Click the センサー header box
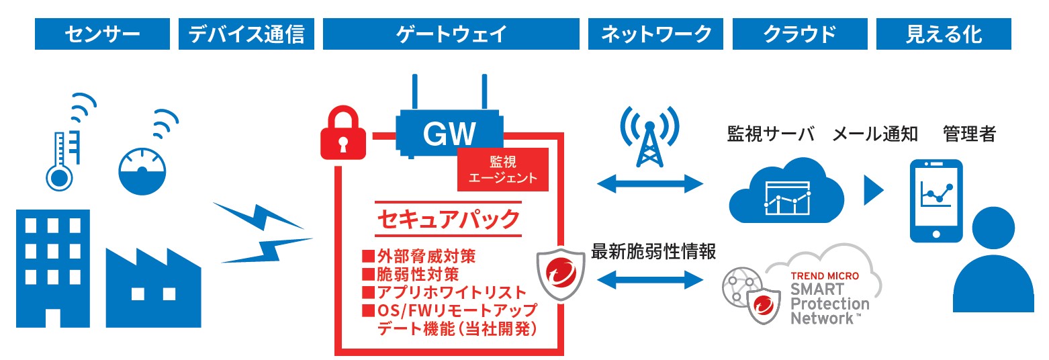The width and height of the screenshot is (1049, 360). coord(103,34)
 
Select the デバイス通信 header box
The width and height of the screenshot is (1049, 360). coord(246,34)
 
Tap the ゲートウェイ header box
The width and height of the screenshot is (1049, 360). coord(451,34)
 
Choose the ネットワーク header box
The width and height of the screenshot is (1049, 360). coord(655,34)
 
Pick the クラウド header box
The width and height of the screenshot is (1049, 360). coord(800,34)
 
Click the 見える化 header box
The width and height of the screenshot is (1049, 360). coord(944,34)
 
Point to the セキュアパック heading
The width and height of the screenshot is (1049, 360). coord(449,218)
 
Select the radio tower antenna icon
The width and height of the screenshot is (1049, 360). coord(649,138)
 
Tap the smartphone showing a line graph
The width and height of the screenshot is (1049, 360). coord(936,199)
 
